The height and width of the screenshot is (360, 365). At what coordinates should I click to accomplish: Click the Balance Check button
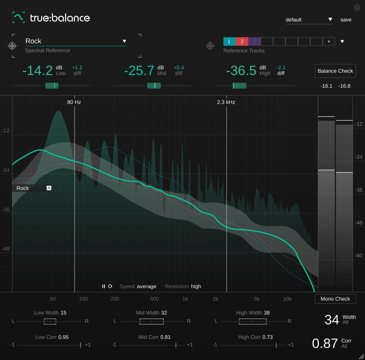pyautogui.click(x=335, y=71)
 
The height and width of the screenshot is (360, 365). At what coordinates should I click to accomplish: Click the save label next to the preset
pyautogui.click(x=346, y=20)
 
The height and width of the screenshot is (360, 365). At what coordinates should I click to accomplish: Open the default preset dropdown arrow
pyautogui.click(x=330, y=19)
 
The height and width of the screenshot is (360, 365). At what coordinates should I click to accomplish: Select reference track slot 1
pyautogui.click(x=229, y=42)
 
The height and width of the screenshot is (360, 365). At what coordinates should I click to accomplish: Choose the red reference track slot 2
pyautogui.click(x=242, y=42)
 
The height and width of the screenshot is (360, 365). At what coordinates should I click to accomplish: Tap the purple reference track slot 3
pyautogui.click(x=255, y=42)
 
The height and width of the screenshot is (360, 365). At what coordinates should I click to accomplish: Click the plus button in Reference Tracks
pyautogui.click(x=329, y=42)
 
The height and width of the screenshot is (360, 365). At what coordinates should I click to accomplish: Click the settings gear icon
pyautogui.click(x=357, y=8)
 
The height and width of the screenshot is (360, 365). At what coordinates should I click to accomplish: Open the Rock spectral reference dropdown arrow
pyautogui.click(x=125, y=41)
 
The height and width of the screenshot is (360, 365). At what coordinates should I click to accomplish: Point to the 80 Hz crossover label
pyautogui.click(x=74, y=102)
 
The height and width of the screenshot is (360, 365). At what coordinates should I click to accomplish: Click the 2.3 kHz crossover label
pyautogui.click(x=226, y=102)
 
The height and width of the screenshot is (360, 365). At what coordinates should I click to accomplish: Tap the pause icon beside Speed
pyautogui.click(x=103, y=287)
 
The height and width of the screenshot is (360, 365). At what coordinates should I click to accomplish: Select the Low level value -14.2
pyautogui.click(x=37, y=71)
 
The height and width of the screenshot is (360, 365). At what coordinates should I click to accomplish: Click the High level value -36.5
pyautogui.click(x=241, y=71)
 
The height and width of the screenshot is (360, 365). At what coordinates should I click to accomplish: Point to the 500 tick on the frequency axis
pyautogui.click(x=154, y=299)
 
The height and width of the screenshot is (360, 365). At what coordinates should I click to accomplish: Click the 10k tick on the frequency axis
pyautogui.click(x=288, y=299)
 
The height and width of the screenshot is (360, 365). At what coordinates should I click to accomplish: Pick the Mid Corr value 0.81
pyautogui.click(x=166, y=337)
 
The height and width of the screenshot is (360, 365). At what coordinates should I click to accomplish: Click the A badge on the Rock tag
pyautogui.click(x=49, y=188)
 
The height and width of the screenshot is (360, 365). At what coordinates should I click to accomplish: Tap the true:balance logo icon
pyautogui.click(x=18, y=18)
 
